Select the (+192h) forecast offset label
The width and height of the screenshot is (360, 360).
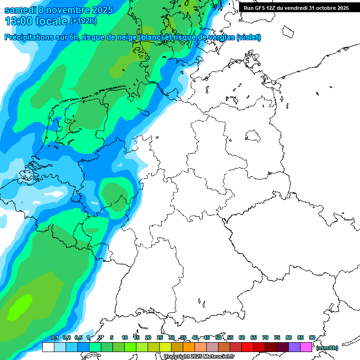pyautogui.click(x=84, y=21)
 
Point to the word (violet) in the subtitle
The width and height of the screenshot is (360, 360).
pyautogui.click(x=248, y=37)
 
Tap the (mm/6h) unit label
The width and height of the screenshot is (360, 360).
pyautogui.click(x=327, y=348)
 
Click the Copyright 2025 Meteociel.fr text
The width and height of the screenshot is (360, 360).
pyautogui.click(x=199, y=357)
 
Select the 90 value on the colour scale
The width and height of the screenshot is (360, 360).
pyautogui.click(x=312, y=337)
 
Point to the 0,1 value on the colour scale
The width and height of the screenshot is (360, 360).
pyautogui.click(x=54, y=337)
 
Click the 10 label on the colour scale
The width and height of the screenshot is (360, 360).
pyautogui.click(x=125, y=337)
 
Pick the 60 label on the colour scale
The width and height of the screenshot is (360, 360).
pyautogui.click(x=242, y=337)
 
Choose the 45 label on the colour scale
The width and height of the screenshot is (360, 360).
pyautogui.click(x=207, y=337)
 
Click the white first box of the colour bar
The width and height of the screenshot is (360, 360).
pyautogui.click(x=48, y=347)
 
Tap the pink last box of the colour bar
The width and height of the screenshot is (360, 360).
pyautogui.click(x=306, y=347)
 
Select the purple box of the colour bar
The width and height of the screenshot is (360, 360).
pyautogui.click(x=294, y=347)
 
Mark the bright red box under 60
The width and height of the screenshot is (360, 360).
pyautogui.click(x=247, y=347)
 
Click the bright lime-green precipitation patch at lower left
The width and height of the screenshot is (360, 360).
pyautogui.click(x=20, y=307)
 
